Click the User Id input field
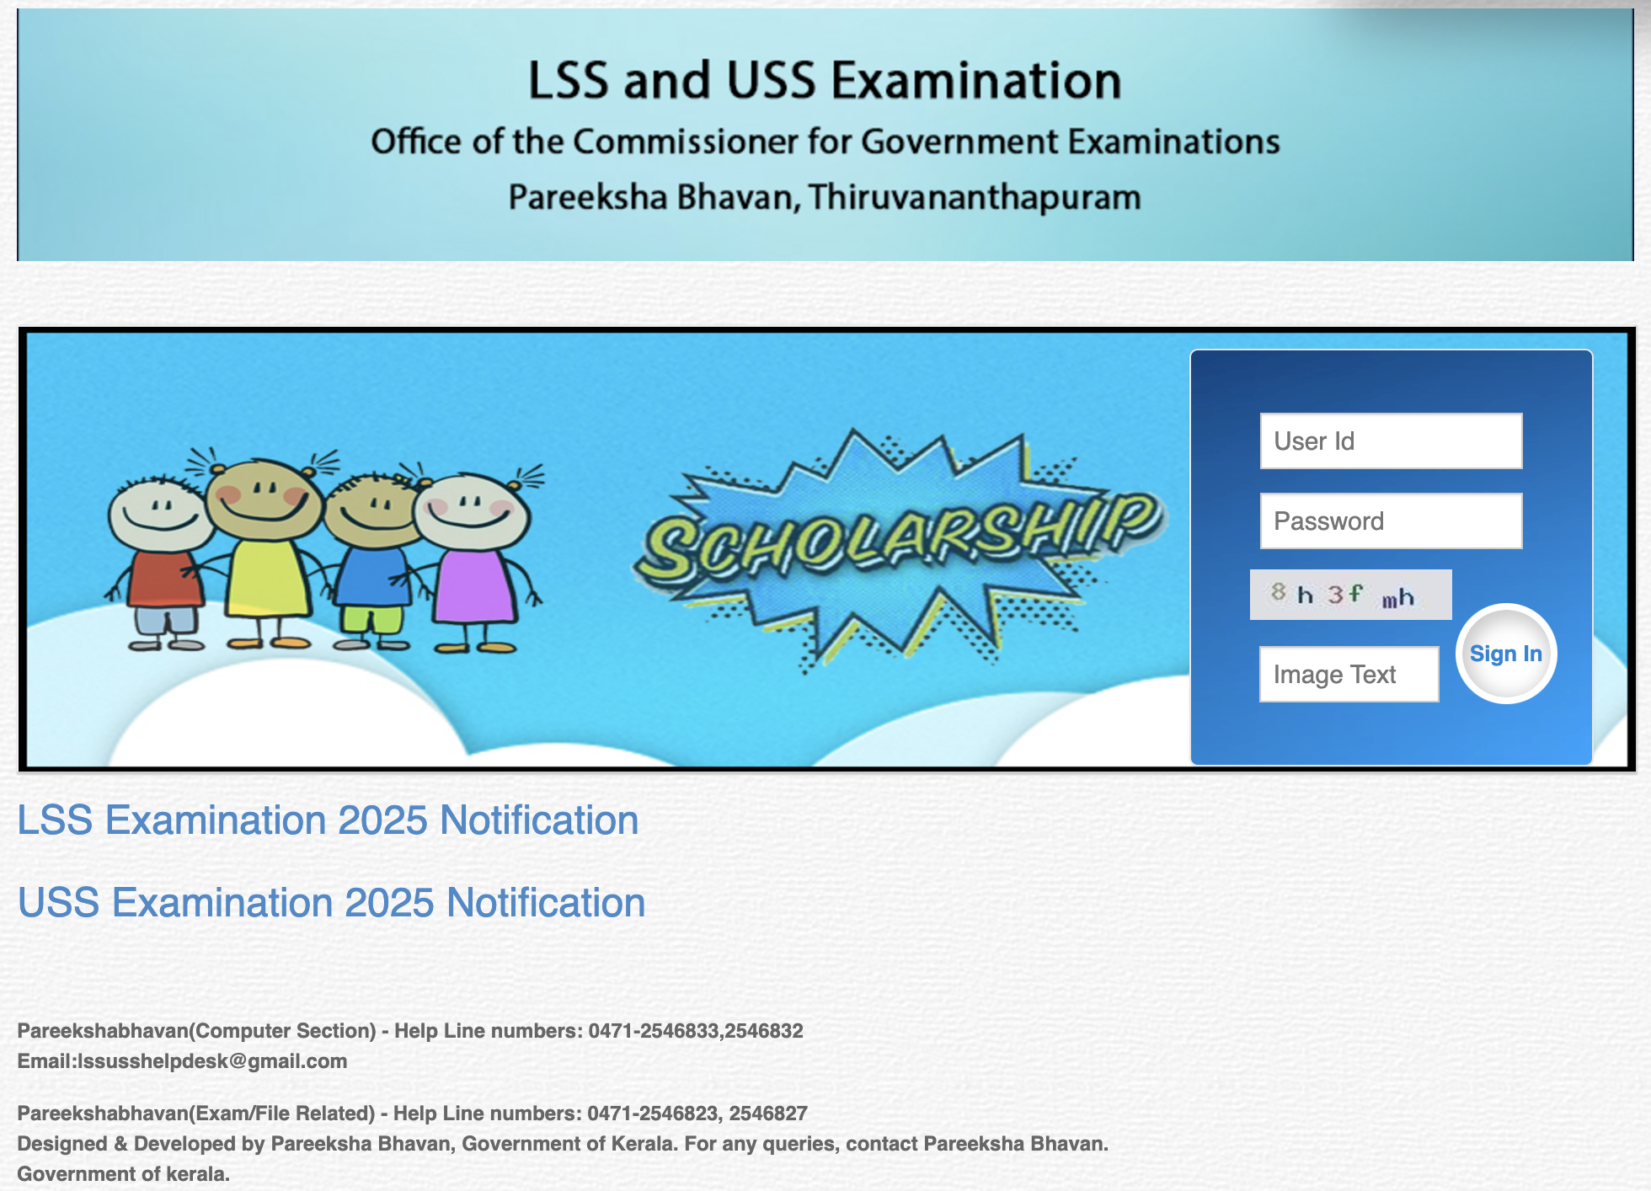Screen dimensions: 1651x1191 pos(1391,441)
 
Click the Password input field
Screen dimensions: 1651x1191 pos(1391,521)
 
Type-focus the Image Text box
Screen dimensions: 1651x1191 pos(1349,674)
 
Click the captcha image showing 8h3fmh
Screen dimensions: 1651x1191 pos(1350,595)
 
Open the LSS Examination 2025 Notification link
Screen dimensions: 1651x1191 pos(328,820)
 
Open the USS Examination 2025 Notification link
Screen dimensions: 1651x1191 pos(331,903)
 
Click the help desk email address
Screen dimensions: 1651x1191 pos(212,1061)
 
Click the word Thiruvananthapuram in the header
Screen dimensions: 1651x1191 pos(975,197)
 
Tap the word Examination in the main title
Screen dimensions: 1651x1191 pos(976,81)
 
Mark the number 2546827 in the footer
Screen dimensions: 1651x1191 pos(768,1114)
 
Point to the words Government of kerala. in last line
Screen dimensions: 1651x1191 pos(124,1174)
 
